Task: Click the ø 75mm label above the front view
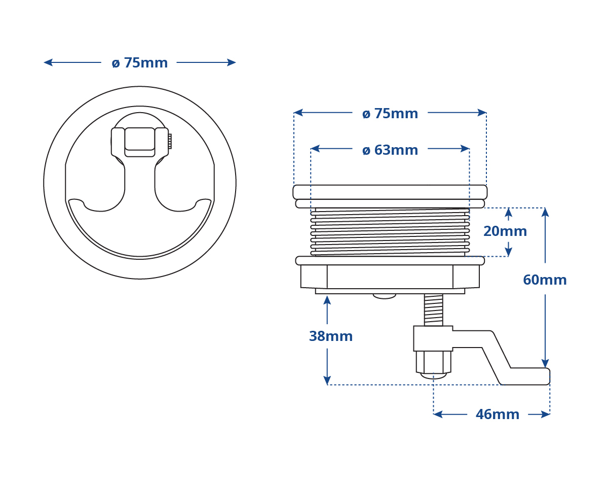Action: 139,63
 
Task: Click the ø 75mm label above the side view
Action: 390,114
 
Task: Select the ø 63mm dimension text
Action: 390,150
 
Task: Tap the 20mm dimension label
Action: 505,231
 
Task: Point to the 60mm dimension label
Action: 545,280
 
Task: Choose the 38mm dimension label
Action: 331,336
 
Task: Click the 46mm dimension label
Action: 498,415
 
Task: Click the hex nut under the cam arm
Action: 433,362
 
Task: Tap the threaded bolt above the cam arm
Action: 433,310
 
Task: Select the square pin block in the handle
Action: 139,142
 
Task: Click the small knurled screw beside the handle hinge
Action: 170,142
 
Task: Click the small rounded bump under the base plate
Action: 384,296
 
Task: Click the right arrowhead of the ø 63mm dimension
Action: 465,149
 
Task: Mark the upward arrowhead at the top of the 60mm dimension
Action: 545,212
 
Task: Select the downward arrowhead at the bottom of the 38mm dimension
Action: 327,380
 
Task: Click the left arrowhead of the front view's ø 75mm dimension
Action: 48,62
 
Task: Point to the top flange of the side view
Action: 390,192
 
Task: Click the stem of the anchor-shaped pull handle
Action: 139,181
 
